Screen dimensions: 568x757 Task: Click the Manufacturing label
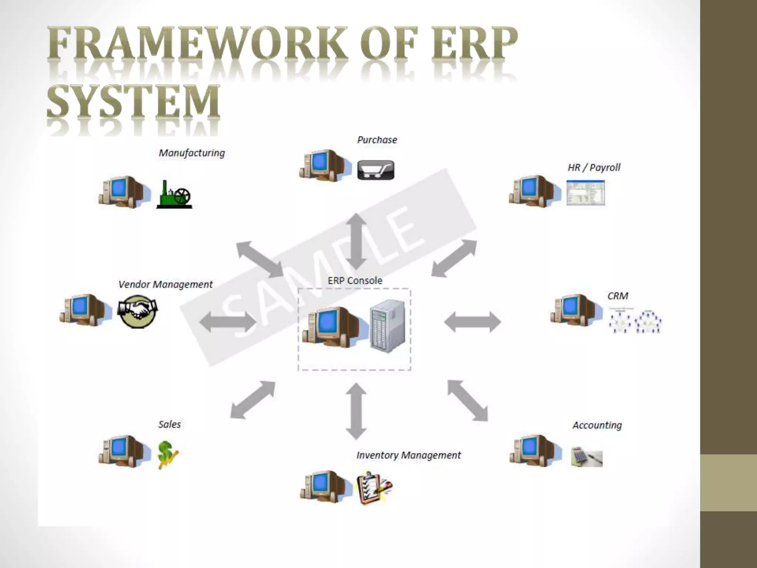click(191, 153)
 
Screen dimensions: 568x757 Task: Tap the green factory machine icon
click(174, 195)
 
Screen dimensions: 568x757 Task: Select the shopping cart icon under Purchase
click(376, 170)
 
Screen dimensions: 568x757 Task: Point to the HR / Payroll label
click(594, 168)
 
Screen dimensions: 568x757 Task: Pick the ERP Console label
click(355, 280)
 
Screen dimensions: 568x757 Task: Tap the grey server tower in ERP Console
click(388, 327)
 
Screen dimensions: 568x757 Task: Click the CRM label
click(618, 296)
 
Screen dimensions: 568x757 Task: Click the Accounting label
click(597, 425)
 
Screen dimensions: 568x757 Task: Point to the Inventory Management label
click(408, 455)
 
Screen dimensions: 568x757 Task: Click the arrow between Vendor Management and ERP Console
click(227, 322)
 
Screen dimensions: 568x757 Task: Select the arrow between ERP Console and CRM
click(472, 322)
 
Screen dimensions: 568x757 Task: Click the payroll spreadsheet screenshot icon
click(585, 193)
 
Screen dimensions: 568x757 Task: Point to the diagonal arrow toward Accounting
click(468, 400)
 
